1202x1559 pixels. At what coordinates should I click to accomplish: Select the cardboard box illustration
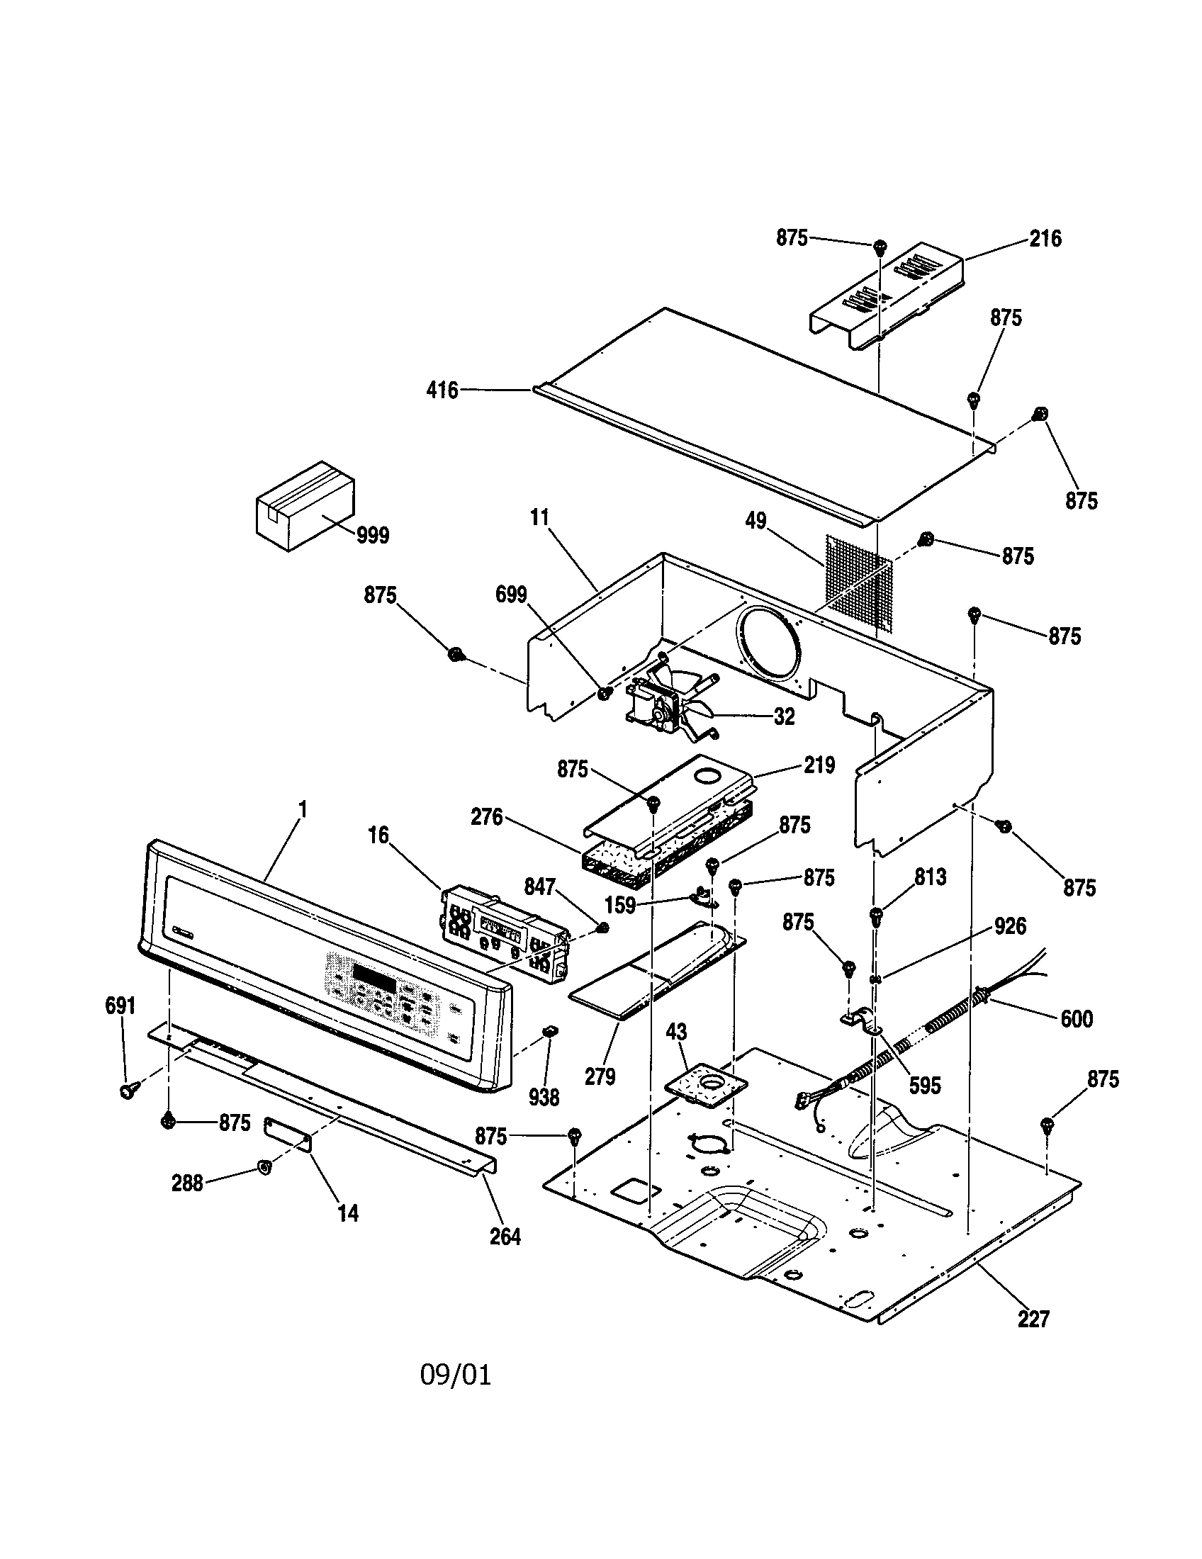305,505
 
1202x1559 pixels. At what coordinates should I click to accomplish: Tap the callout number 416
442,390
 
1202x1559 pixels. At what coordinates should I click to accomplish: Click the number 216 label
1045,238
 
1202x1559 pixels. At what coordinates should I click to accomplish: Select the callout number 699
511,595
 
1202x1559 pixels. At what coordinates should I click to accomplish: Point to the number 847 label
539,887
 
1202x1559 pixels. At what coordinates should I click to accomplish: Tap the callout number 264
505,1237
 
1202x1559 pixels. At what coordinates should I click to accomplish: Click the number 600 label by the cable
1077,1018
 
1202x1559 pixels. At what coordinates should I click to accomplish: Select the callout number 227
1033,1319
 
